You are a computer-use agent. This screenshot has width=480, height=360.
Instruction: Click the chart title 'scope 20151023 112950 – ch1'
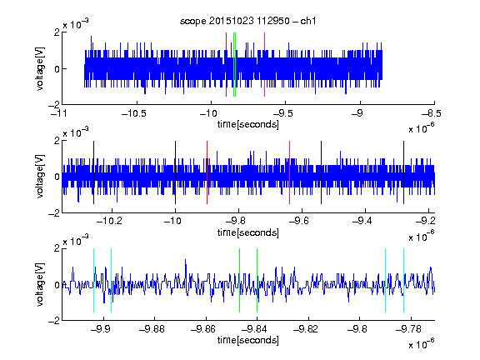248,21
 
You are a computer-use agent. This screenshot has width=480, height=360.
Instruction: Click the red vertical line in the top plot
226,65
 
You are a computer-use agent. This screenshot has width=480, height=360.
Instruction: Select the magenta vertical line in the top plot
264,65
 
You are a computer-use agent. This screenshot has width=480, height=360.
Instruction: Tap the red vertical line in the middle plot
207,172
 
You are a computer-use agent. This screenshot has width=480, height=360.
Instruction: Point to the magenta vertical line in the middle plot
290,172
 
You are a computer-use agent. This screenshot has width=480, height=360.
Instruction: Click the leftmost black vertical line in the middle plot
94,172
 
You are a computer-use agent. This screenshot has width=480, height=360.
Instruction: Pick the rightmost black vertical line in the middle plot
404,172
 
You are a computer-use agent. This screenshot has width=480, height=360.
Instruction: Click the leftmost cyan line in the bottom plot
93,280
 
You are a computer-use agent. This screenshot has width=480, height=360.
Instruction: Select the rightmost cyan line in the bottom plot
404,280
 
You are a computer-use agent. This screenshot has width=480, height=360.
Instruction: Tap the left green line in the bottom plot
239,280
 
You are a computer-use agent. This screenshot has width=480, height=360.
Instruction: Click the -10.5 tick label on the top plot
134,113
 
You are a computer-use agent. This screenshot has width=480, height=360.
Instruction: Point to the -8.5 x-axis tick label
432,113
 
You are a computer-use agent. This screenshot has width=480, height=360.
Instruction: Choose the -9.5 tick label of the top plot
282,113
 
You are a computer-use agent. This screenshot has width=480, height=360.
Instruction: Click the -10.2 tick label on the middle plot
109,221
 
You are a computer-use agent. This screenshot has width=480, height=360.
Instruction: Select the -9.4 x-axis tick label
362,221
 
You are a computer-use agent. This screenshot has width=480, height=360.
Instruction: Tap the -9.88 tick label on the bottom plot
152,329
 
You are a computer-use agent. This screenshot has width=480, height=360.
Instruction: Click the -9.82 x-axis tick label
306,329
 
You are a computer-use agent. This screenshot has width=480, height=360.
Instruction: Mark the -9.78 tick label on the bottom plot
408,329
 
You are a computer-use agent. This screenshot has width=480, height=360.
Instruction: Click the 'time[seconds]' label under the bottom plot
248,340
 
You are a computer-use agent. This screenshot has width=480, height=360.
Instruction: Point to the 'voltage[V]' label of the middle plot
40,177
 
